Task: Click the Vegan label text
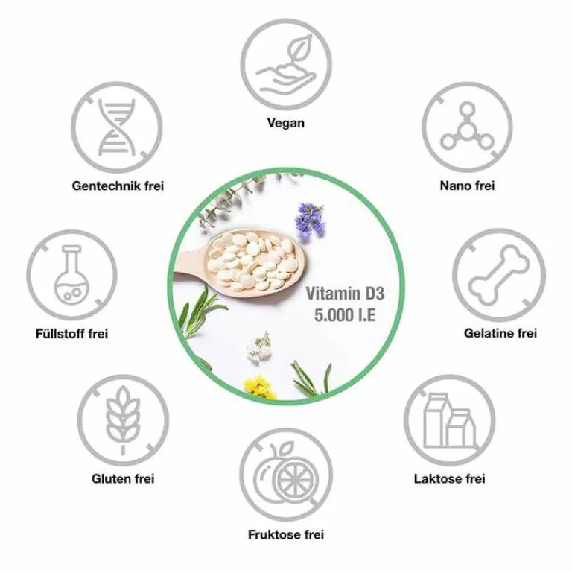click(286, 123)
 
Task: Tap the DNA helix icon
click(117, 127)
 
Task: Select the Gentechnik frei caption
click(118, 186)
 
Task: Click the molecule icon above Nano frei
click(467, 127)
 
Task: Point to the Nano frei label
click(467, 186)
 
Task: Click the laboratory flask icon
click(71, 275)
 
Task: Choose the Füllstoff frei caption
click(71, 334)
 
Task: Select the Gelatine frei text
click(500, 333)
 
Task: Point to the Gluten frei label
click(123, 478)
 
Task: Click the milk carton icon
click(450, 420)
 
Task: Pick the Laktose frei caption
click(450, 478)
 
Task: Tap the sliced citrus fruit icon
click(286, 473)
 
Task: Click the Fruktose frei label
click(286, 535)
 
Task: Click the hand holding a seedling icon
click(286, 65)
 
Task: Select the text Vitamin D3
click(345, 294)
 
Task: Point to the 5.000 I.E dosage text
click(345, 315)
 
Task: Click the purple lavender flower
click(310, 221)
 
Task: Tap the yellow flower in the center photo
click(260, 388)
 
